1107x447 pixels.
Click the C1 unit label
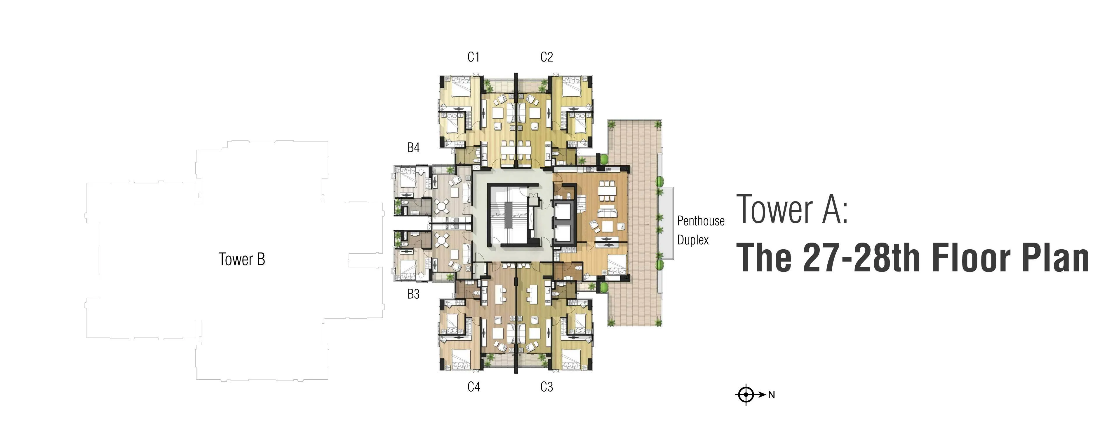click(474, 57)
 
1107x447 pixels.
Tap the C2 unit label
click(546, 57)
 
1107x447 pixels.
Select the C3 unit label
click(546, 387)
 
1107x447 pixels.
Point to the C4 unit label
click(474, 387)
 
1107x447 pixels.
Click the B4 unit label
click(413, 148)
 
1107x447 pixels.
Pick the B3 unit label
click(413, 294)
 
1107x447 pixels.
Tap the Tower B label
click(242, 259)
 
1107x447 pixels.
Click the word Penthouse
click(701, 221)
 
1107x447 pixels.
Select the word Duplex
click(693, 240)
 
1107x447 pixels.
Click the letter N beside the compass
click(771, 395)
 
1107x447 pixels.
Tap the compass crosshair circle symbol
click(746, 394)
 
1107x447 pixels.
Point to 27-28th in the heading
click(861, 258)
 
